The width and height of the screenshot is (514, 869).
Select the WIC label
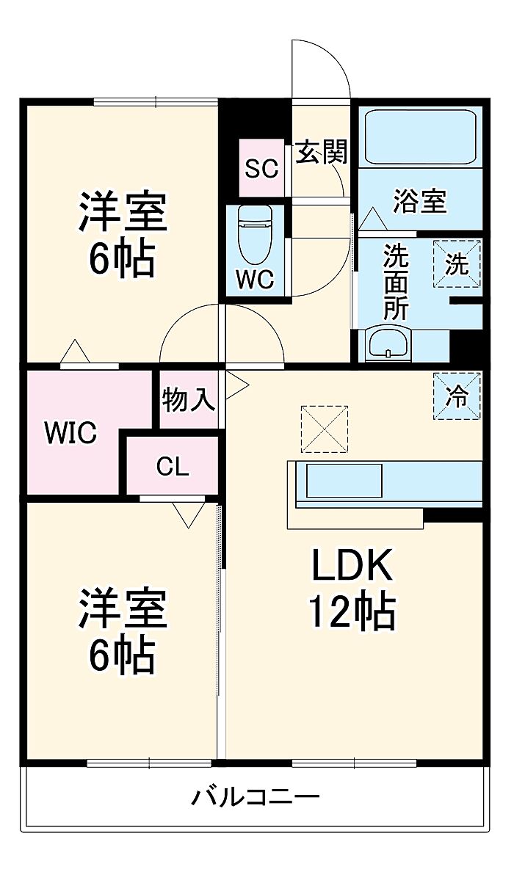pos(70,433)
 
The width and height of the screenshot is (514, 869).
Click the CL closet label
pos(173,466)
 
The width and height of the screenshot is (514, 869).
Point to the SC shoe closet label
pos(261,169)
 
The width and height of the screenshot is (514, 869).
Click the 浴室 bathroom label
pos(419,200)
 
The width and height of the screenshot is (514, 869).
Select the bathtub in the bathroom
pos(420,138)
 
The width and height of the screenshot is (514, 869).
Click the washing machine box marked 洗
pos(457,263)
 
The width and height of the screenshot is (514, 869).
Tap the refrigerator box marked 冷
pos(457,396)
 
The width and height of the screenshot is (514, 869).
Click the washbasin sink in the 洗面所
pos(388,343)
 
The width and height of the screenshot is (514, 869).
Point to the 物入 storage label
pos(188,401)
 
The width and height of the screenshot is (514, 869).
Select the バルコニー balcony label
pos(256,796)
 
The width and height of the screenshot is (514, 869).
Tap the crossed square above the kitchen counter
pos(324,429)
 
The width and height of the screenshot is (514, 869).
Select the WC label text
pos(254,279)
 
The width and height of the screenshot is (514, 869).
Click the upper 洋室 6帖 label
pos(123,233)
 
